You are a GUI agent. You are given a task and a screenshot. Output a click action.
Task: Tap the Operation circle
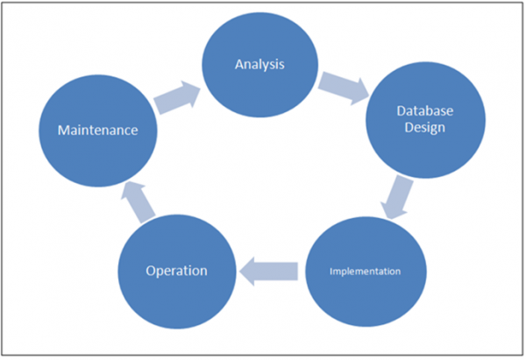coord(176,270)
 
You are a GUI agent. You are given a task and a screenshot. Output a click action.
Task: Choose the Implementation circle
coord(365,271)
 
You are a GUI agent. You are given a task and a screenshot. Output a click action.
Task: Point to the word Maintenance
coord(97,131)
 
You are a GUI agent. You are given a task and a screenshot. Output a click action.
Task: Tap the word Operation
coord(176,270)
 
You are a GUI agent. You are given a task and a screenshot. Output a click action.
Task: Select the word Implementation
coord(365,271)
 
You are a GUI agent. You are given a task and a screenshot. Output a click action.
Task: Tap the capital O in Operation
coord(150,270)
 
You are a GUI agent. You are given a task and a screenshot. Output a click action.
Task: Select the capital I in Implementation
coord(331,271)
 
